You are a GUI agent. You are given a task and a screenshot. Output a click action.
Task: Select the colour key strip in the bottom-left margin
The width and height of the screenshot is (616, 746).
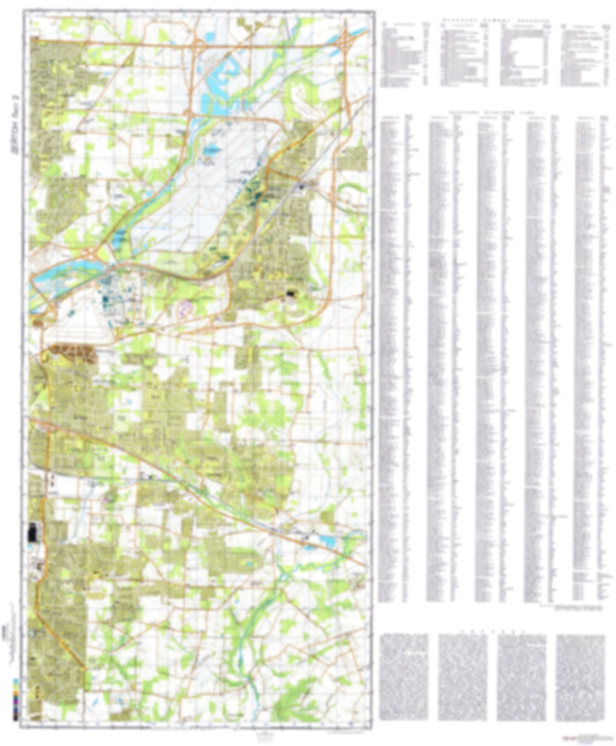(x=16, y=699)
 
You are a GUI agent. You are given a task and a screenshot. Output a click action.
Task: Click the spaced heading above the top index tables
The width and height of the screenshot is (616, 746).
(x=495, y=20)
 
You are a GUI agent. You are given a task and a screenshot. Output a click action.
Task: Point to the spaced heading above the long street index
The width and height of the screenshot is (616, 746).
(x=492, y=112)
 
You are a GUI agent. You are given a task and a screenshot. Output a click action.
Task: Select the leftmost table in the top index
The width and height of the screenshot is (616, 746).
(x=405, y=53)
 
